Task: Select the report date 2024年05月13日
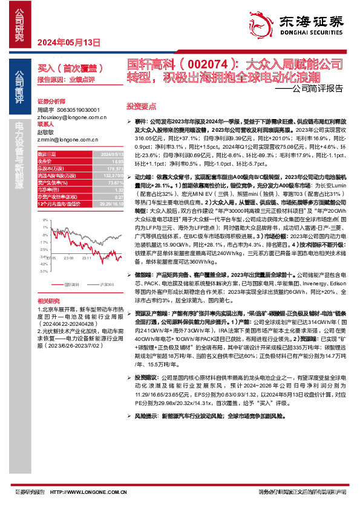point(68,42)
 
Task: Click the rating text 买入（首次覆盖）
point(67,69)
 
